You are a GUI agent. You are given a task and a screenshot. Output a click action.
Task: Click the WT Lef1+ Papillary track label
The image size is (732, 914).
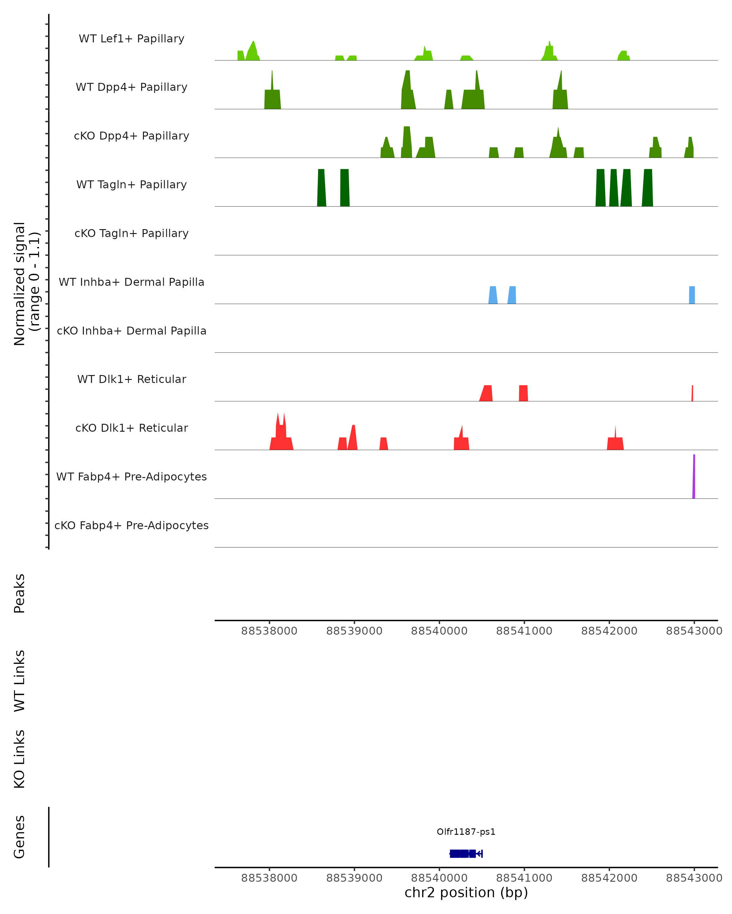131,39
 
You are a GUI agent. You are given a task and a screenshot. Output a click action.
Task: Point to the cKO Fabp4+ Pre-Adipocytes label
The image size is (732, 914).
131,525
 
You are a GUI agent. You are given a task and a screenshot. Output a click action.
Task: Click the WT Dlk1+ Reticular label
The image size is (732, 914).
131,379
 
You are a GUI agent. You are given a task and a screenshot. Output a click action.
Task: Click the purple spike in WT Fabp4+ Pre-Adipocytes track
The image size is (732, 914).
694,477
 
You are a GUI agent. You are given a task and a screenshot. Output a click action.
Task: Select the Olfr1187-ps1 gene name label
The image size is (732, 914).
466,832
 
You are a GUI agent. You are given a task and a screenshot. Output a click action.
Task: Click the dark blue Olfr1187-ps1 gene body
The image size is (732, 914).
463,854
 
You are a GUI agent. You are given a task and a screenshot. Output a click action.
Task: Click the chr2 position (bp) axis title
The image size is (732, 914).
466,892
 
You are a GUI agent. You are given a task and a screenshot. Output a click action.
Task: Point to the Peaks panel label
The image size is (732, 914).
20,593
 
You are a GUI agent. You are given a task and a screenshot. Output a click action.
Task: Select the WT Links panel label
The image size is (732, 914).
20,680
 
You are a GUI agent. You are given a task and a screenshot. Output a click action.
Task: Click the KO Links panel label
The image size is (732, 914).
20,759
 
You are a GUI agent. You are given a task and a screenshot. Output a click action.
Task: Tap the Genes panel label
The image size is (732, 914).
20,837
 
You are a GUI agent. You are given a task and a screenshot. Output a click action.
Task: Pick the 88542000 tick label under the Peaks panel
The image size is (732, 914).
609,631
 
